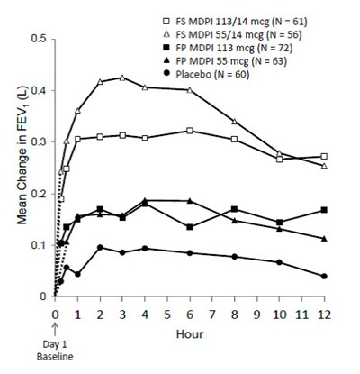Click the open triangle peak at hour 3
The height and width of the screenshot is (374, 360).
(122, 78)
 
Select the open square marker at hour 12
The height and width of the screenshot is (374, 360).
(324, 156)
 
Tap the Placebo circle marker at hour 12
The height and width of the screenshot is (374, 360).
(324, 276)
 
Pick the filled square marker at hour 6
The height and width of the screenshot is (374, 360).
(189, 227)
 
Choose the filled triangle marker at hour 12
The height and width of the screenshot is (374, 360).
(324, 238)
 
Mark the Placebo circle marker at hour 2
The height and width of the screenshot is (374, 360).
(100, 247)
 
